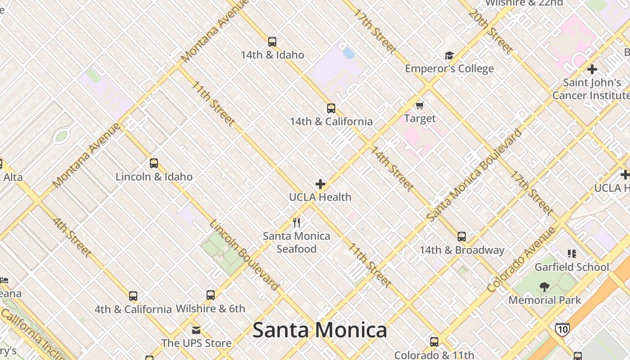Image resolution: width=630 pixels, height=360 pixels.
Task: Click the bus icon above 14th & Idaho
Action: click(x=272, y=42)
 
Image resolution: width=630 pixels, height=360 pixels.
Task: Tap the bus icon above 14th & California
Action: click(x=331, y=108)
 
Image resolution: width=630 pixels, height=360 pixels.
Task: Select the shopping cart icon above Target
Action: click(x=420, y=105)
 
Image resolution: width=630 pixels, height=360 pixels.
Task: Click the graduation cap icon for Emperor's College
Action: click(x=449, y=55)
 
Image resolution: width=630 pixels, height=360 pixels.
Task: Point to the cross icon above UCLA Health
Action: click(x=320, y=184)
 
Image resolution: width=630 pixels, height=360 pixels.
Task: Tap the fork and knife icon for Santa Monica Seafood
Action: click(x=297, y=223)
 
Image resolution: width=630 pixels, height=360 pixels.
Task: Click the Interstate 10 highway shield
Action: click(x=562, y=329)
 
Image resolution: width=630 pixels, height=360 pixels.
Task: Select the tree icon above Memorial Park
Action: click(x=544, y=287)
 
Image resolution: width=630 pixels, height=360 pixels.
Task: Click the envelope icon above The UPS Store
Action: click(x=196, y=330)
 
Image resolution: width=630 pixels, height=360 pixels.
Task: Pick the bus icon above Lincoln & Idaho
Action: click(x=154, y=163)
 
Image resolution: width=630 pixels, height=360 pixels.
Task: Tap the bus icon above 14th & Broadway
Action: click(x=462, y=237)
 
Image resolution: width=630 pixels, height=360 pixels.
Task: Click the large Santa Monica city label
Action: click(x=319, y=330)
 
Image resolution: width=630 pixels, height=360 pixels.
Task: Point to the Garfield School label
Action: click(x=571, y=267)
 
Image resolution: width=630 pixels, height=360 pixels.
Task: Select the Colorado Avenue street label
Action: click(x=522, y=260)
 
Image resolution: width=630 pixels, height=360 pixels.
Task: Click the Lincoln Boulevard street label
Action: click(x=244, y=255)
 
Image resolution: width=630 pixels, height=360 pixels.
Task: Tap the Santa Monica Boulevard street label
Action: click(x=475, y=175)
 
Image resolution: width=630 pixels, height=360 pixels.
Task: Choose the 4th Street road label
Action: click(x=72, y=237)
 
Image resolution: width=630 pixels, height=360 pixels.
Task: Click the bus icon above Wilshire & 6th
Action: click(x=211, y=295)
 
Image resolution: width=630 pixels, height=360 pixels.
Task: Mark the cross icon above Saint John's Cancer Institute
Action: click(x=592, y=69)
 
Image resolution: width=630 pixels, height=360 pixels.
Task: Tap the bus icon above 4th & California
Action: click(x=133, y=296)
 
